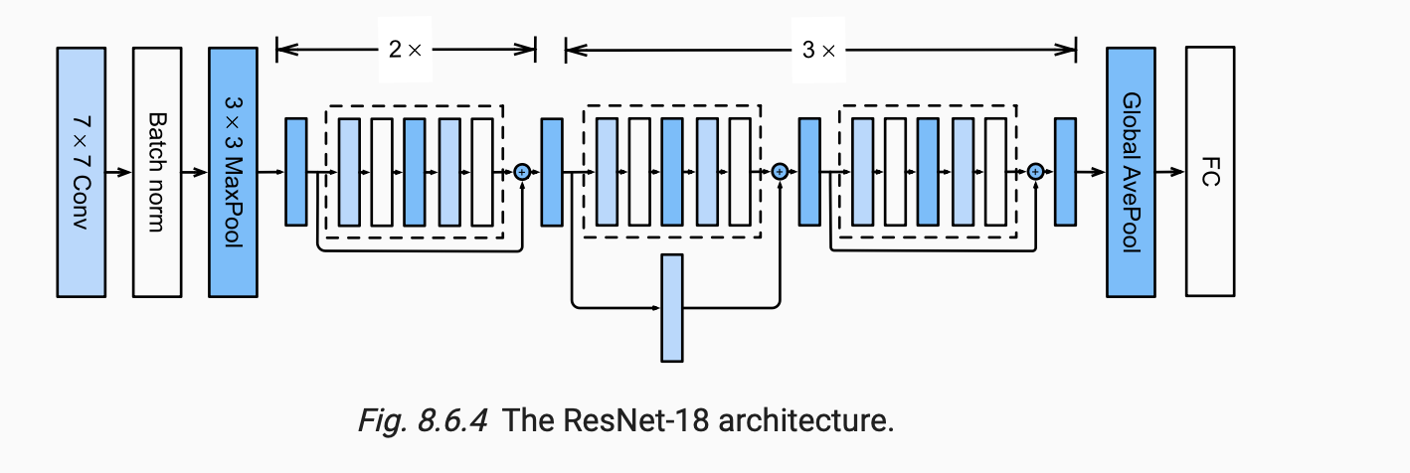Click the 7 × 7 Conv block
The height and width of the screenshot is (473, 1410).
coord(81,172)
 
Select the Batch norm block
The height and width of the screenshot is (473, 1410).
coord(157,172)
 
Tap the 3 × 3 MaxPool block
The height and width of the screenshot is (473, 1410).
coord(233,172)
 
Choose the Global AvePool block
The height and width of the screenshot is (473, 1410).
coord(1131,172)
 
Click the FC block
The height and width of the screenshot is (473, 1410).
coord(1210,172)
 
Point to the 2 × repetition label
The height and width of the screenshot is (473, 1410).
coord(405,48)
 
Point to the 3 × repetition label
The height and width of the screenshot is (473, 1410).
coord(819,48)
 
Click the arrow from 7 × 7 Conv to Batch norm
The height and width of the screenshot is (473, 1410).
coord(118,172)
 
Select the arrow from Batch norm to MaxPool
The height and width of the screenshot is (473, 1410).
coord(195,172)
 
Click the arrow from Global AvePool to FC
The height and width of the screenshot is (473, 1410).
coord(1170,172)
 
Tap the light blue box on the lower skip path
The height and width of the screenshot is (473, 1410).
coord(672,307)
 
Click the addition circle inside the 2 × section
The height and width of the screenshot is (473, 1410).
coord(522,172)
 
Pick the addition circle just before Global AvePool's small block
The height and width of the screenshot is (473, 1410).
coord(1035,172)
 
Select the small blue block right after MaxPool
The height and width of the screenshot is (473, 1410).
coord(295,171)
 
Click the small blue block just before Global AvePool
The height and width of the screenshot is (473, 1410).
coord(1066,171)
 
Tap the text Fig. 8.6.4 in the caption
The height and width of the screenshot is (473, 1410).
coord(422,420)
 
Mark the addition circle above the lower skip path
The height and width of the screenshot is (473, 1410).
coord(780,172)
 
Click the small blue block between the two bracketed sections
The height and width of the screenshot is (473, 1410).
coord(552,171)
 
